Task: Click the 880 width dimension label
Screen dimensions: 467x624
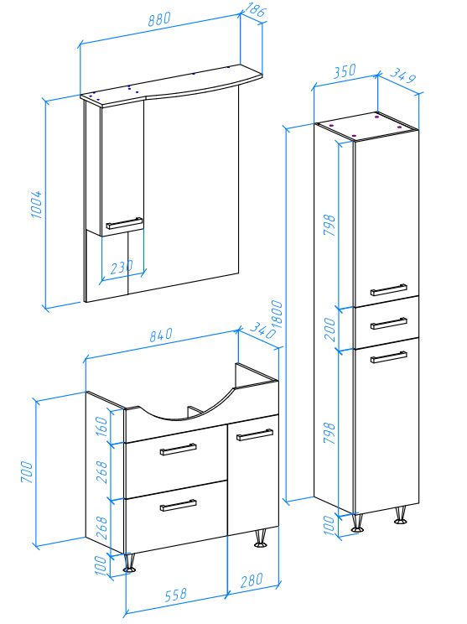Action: point(159,19)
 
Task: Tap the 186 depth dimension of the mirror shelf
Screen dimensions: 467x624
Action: point(255,9)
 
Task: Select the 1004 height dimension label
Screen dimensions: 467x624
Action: point(36,204)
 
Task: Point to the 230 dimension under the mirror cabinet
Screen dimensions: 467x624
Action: point(122,267)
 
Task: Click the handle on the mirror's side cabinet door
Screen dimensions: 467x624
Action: point(124,223)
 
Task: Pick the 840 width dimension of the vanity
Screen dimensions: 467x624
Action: point(161,335)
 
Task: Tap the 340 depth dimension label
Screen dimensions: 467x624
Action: point(262,330)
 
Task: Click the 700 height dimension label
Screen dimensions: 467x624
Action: point(27,472)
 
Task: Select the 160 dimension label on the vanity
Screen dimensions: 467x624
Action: point(101,426)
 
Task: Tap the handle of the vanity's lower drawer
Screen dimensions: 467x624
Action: point(179,505)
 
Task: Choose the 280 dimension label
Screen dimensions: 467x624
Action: point(252,580)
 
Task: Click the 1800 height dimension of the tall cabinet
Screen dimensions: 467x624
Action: point(278,315)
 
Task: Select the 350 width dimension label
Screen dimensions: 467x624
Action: point(345,71)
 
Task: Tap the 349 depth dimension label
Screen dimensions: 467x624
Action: point(402,75)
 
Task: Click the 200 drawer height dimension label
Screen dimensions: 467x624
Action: point(329,329)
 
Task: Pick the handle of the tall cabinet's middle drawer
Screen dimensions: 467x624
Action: point(389,323)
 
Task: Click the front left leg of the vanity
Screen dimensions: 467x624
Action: point(129,563)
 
